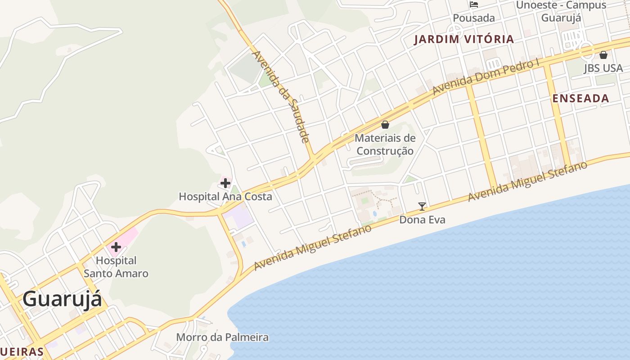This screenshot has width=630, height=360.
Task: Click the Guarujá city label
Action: click(x=62, y=299)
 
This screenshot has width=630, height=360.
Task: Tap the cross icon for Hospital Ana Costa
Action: click(x=225, y=183)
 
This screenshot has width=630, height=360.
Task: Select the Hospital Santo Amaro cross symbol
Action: click(x=116, y=247)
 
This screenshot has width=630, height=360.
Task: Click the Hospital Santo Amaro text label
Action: click(x=116, y=267)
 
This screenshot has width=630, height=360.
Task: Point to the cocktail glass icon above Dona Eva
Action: click(x=422, y=207)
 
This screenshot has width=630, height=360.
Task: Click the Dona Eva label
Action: click(x=422, y=220)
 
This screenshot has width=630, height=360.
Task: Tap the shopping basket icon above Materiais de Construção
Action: click(x=385, y=125)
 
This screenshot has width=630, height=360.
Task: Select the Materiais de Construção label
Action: click(x=385, y=144)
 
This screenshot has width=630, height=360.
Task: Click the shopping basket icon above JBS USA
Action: click(x=603, y=55)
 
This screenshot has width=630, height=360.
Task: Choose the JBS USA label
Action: click(x=603, y=68)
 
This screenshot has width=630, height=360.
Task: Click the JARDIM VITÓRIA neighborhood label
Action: click(x=463, y=39)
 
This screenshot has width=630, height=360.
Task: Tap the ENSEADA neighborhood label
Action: click(x=580, y=99)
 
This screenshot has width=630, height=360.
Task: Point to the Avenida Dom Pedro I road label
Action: click(x=486, y=77)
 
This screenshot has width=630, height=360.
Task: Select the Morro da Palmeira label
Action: click(x=222, y=337)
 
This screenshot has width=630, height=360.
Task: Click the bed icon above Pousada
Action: click(x=474, y=4)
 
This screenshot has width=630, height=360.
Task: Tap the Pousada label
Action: click(x=474, y=18)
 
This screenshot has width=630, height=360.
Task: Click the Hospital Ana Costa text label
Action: click(x=225, y=197)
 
